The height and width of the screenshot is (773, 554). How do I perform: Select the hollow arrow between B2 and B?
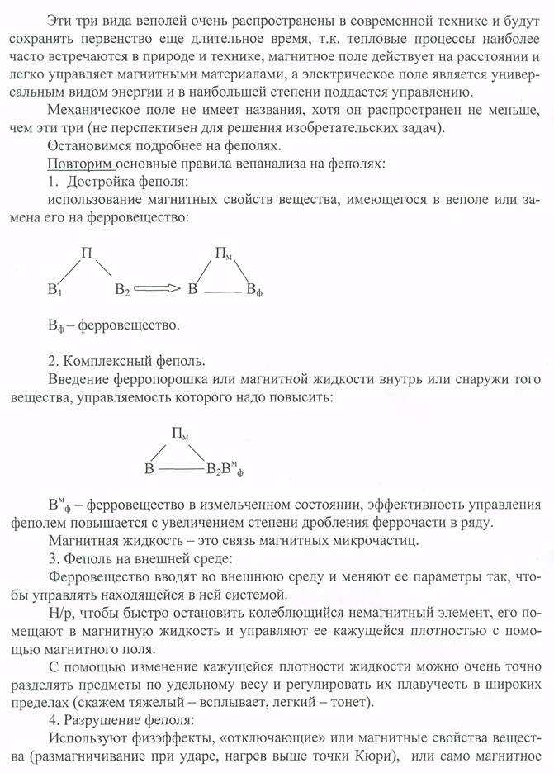point(159,288)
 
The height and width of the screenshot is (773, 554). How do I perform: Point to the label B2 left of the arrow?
point(122,290)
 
